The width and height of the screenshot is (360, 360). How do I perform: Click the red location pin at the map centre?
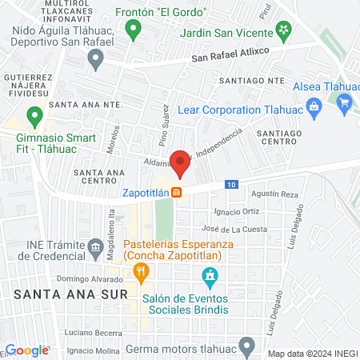pos(180,162)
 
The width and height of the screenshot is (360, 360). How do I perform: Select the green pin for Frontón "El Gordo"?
pos(134,30)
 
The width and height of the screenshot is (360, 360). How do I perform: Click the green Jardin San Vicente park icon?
pos(283,30)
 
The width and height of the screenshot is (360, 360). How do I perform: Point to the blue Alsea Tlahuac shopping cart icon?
pos(345,102)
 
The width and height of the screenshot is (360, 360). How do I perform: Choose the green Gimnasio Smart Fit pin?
pos(34,117)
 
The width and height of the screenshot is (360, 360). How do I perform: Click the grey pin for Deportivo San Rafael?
pos(96,58)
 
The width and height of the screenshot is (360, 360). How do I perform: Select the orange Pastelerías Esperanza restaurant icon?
pos(141,272)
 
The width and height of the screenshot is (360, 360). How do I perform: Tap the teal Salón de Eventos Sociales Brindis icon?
pos(210,278)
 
